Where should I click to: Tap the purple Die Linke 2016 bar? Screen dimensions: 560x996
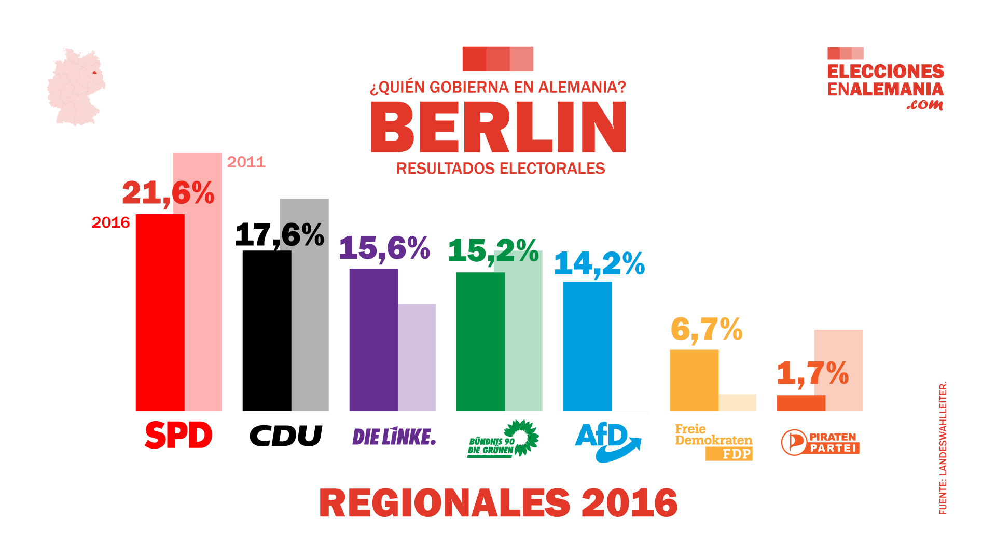click(374, 340)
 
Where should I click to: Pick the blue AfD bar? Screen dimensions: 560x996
click(587, 346)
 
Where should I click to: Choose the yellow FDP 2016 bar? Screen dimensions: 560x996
click(694, 380)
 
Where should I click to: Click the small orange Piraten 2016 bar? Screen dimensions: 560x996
click(800, 403)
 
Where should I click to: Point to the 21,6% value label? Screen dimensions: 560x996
click(168, 193)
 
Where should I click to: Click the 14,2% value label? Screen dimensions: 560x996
click(599, 264)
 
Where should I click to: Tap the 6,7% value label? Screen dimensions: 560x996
click(706, 330)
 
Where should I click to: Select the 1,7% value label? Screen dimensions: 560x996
click(812, 373)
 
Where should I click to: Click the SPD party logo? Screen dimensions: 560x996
click(178, 435)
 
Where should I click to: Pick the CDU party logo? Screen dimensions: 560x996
click(286, 436)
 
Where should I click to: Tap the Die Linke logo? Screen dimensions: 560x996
click(394, 437)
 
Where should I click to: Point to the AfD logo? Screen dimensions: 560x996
click(607, 441)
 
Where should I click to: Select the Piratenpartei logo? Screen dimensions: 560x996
click(820, 442)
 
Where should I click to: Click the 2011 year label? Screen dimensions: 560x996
click(246, 162)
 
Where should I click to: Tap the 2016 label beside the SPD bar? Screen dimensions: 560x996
click(110, 223)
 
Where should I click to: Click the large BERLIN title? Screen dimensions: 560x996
click(498, 127)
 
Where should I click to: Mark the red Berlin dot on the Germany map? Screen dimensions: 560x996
click(94, 73)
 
